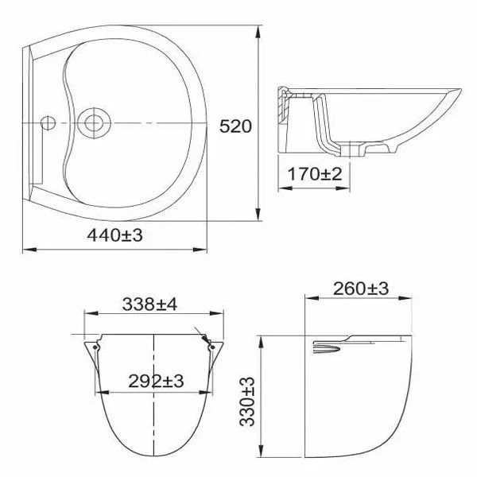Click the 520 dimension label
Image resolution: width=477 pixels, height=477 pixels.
(x=237, y=126)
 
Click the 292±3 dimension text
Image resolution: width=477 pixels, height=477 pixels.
(x=157, y=381)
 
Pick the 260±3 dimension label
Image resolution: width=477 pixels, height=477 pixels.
(x=362, y=289)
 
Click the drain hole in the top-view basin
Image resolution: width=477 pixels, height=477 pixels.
(x=96, y=123)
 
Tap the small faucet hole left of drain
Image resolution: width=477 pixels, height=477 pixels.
(x=47, y=123)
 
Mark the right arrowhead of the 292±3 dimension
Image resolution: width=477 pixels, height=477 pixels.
(x=206, y=391)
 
